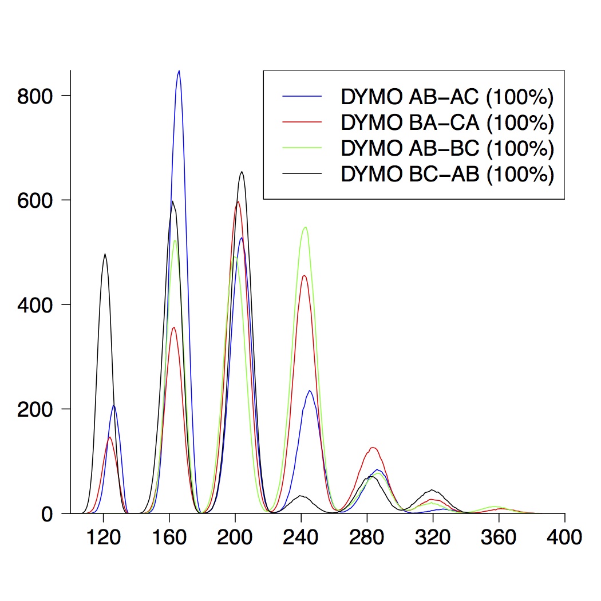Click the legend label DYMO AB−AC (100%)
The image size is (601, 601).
coord(447,97)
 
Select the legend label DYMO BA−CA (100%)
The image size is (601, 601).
coord(447,122)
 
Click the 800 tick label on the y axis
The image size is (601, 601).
coord(35,96)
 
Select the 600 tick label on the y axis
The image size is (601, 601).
coord(35,200)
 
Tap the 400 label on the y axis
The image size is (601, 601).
coord(35,305)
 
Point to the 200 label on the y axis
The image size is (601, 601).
coord(35,409)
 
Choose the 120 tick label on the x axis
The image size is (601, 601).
coord(103,538)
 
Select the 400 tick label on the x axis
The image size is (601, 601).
coord(564,538)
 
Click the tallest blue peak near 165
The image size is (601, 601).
coord(179,71)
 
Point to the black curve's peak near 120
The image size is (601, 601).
coord(105,254)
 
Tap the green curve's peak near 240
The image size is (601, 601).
coord(306,227)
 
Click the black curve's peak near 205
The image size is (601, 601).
coord(242,172)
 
